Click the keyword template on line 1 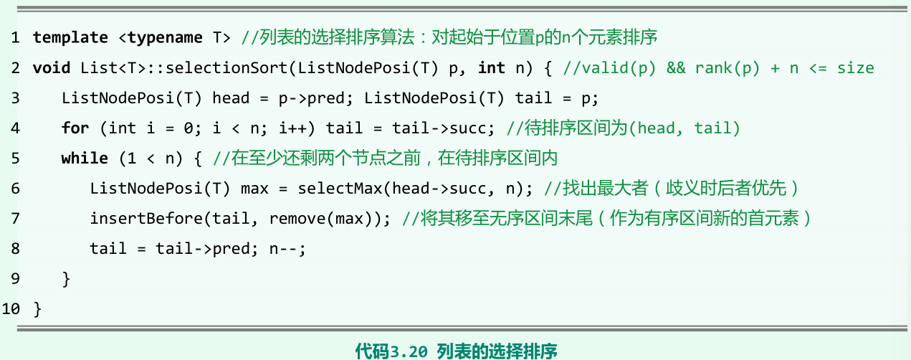70,37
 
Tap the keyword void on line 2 52,68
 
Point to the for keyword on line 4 75,128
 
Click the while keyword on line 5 85,158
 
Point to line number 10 11,309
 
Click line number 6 15,189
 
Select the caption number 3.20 410,351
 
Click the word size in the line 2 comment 855,68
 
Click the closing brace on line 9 67,279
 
